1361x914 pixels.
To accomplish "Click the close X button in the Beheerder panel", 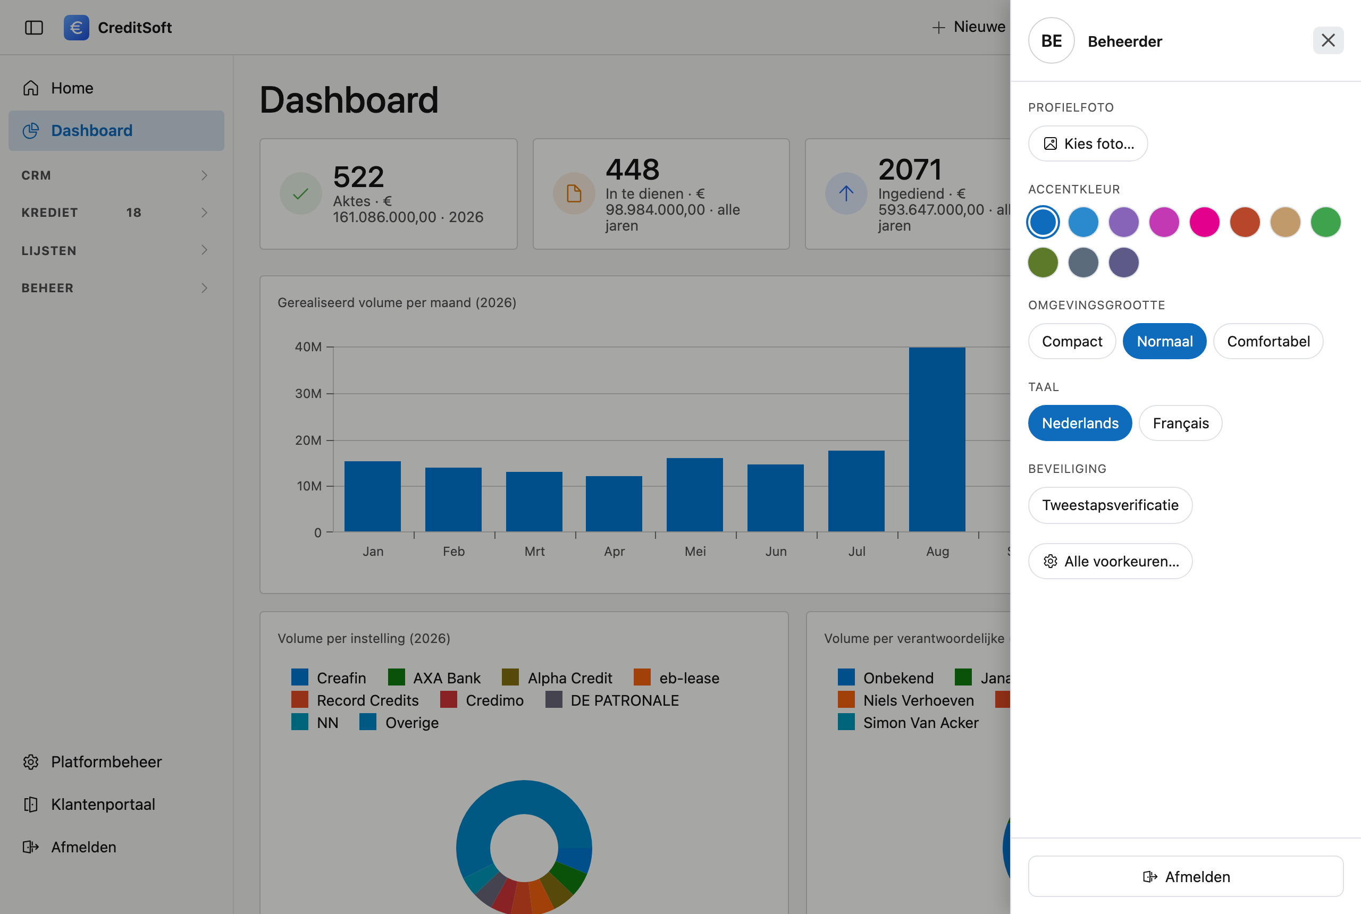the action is point(1328,40).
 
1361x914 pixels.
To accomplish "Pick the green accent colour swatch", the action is point(1325,222).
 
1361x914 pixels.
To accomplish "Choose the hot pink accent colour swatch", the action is point(1204,222).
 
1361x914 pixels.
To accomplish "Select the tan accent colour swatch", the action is point(1284,222).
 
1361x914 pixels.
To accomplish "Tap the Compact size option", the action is point(1072,341).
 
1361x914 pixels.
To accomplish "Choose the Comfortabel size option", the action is point(1268,341).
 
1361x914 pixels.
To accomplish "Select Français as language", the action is point(1180,423).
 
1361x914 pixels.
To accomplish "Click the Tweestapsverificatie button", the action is point(1110,505).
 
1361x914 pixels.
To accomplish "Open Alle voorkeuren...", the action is point(1110,561).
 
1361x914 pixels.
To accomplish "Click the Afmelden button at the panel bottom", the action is point(1186,876).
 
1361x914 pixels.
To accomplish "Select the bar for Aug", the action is point(937,439).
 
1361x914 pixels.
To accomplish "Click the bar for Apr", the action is point(614,504).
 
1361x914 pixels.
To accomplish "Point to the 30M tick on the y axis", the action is point(330,393).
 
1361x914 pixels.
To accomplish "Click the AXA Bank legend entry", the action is point(434,678).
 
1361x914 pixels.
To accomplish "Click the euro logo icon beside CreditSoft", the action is point(77,28).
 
